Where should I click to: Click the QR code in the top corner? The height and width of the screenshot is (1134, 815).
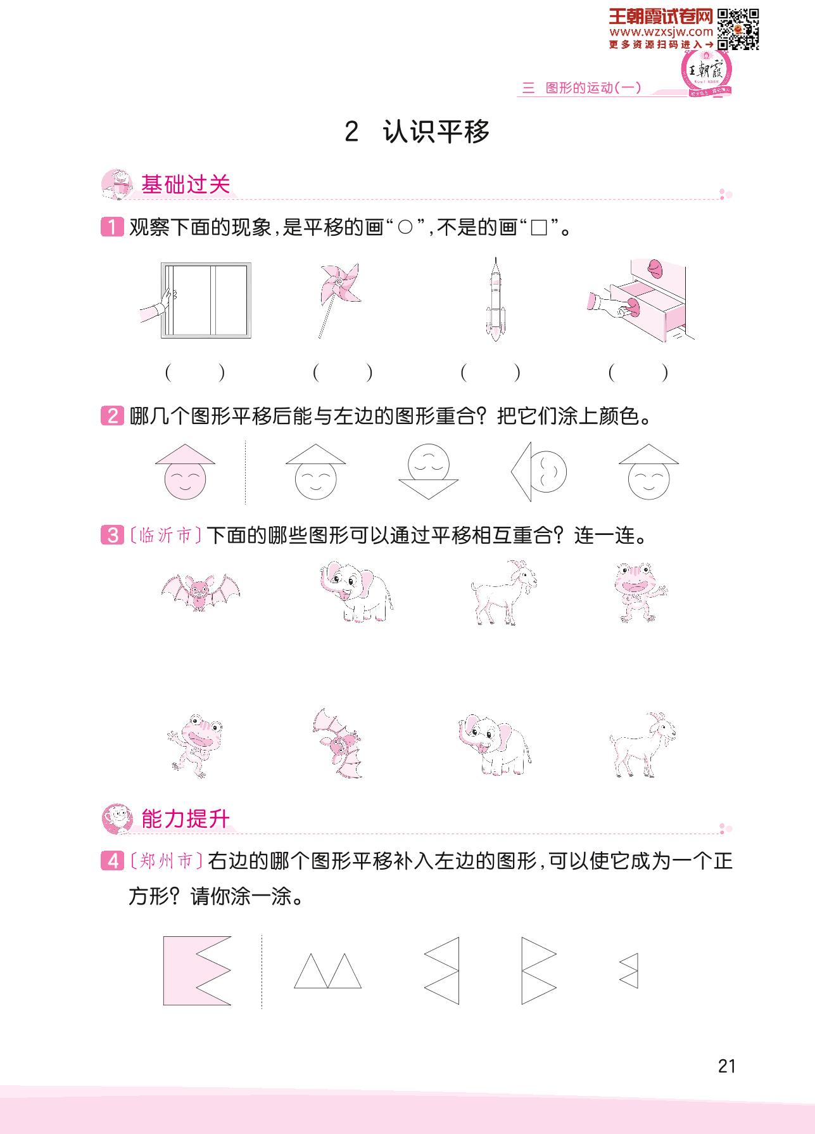(x=738, y=29)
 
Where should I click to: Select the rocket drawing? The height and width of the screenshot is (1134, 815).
(x=495, y=299)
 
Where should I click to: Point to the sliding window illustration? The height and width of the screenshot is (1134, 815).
(x=196, y=300)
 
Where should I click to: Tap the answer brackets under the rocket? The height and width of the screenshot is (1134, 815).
(x=491, y=373)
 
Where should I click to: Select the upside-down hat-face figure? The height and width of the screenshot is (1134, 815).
(x=429, y=472)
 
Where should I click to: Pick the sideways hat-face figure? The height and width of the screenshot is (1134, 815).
(x=539, y=472)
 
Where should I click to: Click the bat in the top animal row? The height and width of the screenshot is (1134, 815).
(x=201, y=592)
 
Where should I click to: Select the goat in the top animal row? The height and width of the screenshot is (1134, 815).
(x=504, y=593)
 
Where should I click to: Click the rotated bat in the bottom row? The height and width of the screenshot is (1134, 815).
(x=337, y=744)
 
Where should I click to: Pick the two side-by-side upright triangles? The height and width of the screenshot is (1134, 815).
(x=328, y=970)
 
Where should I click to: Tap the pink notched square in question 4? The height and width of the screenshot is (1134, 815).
(x=197, y=970)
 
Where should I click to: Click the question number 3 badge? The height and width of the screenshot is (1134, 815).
(x=112, y=536)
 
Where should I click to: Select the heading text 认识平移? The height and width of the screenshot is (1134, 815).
(x=436, y=132)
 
